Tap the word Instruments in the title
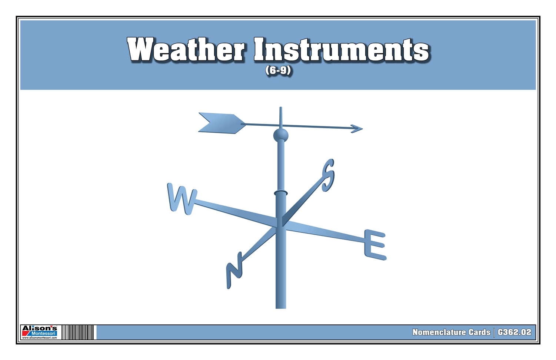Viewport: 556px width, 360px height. coord(341,50)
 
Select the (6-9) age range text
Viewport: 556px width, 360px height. coord(278,70)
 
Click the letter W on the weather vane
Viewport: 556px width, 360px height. coord(182,199)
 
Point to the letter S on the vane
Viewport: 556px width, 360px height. coord(328,175)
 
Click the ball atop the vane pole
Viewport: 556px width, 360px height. coord(280,135)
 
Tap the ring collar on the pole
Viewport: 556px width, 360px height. coord(280,193)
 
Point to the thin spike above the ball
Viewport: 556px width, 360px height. coord(280,117)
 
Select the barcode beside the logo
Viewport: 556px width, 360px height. coord(78,332)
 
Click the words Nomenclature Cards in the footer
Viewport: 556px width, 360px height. coord(451,332)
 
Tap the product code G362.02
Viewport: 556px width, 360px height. coord(515,332)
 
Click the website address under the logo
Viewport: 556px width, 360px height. coord(40,338)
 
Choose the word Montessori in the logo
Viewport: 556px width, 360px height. coord(43,333)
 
